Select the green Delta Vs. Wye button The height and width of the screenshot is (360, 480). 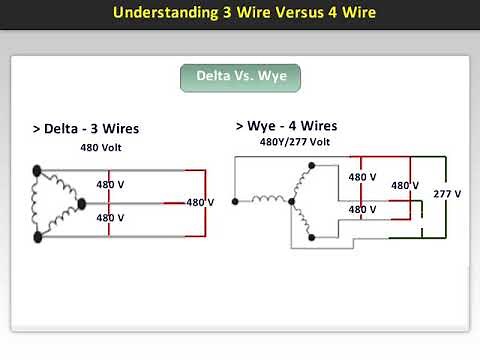coord(240,78)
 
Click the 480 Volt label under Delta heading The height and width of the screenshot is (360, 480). coord(104,147)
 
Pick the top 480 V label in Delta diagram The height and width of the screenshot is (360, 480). coord(110,184)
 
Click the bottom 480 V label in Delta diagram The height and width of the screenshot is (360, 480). coord(110,217)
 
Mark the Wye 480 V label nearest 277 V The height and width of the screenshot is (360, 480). coord(405,185)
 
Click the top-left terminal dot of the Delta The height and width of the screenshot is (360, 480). coord(38,170)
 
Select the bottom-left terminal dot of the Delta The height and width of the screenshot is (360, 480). coord(38,236)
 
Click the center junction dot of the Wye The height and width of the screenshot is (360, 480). coord(291,202)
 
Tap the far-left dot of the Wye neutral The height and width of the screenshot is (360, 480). coord(234,202)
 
